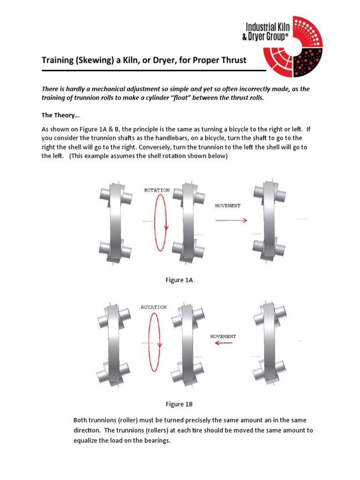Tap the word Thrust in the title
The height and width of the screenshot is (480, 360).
pos(230,60)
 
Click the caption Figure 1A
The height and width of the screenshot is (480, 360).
pos(180,280)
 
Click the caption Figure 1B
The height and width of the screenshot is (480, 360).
pos(180,404)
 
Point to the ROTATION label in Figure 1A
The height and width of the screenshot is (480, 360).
pos(157,190)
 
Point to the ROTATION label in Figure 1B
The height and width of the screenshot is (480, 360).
pos(154,307)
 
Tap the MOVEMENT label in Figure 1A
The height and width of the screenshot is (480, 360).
pos(228,205)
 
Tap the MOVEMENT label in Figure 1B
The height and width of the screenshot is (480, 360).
pos(223,336)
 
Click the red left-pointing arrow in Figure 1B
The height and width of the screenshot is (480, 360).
pos(223,343)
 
